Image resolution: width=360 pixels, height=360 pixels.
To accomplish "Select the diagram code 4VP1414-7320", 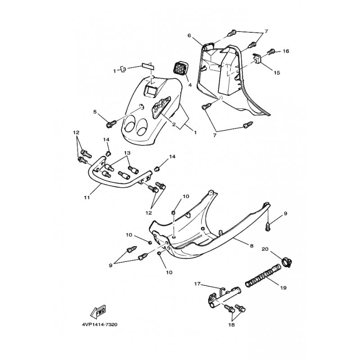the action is pyautogui.click(x=99, y=324).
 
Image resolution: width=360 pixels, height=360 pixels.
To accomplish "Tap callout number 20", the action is pyautogui.click(x=265, y=249).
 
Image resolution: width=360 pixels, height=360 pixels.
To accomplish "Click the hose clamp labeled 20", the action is pyautogui.click(x=287, y=262).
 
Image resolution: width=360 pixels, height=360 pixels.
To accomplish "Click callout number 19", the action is pyautogui.click(x=283, y=288).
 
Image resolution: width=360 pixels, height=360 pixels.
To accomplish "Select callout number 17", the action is pyautogui.click(x=198, y=284).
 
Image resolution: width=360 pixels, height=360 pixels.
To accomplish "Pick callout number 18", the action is pyautogui.click(x=231, y=324).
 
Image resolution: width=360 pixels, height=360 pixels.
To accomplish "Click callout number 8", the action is pyautogui.click(x=252, y=246).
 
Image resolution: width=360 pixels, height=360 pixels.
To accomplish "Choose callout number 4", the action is pyautogui.click(x=190, y=85).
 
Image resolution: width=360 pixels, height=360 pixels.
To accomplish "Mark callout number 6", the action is pyautogui.click(x=189, y=36).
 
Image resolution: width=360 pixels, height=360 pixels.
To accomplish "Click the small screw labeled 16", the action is pyautogui.click(x=272, y=51).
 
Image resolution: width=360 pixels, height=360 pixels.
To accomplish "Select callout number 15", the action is pyautogui.click(x=277, y=73).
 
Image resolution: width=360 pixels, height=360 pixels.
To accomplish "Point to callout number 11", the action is pyautogui.click(x=86, y=197).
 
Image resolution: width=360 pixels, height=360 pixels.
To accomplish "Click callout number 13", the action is pyautogui.click(x=127, y=153).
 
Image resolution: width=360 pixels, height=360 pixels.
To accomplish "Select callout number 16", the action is pyautogui.click(x=286, y=51).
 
